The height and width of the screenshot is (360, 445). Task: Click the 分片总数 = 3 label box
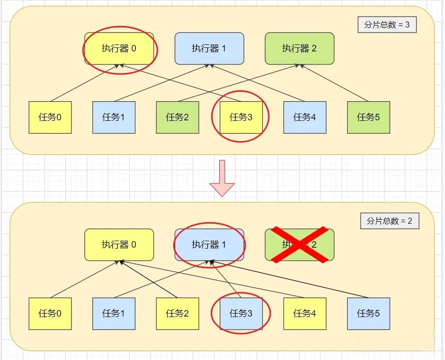pos(387,24)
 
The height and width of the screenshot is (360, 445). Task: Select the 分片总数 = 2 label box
pos(390,221)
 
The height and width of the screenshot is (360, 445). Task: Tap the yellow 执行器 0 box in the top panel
pos(119,48)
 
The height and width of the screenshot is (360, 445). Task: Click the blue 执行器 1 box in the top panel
pos(209,48)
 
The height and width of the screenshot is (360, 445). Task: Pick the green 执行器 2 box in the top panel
pos(299,48)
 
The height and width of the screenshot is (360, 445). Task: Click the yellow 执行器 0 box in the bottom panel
pos(119,245)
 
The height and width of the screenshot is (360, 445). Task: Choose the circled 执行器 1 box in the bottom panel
pos(209,245)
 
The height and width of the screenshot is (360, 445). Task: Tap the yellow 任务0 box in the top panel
pos(50,117)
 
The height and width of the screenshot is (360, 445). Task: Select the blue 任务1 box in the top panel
pos(114,117)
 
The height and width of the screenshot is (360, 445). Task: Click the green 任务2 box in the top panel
pos(178,117)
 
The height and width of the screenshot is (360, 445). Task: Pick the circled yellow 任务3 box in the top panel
pos(241,117)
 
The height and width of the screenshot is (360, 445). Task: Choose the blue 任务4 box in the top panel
pos(305,117)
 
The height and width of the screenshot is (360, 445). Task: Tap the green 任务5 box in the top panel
pos(369,117)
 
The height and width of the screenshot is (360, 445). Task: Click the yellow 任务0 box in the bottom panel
pos(50,314)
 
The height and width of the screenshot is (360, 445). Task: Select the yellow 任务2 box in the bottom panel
pos(178,314)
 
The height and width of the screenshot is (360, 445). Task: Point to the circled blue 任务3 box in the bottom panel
pos(241,314)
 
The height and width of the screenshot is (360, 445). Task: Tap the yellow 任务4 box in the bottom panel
pos(305,314)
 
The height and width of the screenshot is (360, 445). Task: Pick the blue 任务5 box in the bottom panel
pos(369,314)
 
